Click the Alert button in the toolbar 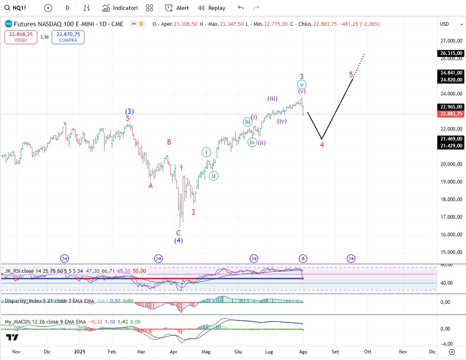[x=177, y=8]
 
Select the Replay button [x=211, y=8]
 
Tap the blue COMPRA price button [x=68, y=37]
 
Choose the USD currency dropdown [x=450, y=24]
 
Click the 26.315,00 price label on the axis [x=451, y=53]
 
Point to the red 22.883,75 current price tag [x=451, y=114]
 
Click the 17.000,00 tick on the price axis [x=451, y=217]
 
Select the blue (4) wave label [x=178, y=241]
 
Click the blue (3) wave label [x=130, y=111]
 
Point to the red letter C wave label [x=178, y=233]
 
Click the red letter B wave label [x=169, y=142]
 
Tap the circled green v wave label [x=302, y=85]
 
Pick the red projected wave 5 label [x=351, y=74]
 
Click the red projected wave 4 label [x=322, y=145]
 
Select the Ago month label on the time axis [x=303, y=351]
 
